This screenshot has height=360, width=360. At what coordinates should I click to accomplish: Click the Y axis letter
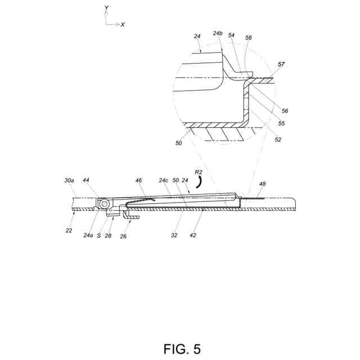point(106,9)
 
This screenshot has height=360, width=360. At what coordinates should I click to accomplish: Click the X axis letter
point(123,25)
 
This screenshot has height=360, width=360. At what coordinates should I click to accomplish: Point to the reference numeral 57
point(282,65)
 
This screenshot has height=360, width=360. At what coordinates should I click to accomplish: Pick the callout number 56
point(285,111)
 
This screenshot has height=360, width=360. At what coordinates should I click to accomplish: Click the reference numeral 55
point(282,123)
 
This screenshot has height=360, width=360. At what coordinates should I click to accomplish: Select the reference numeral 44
point(86,180)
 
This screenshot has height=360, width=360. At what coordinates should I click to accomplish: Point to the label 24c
point(163,180)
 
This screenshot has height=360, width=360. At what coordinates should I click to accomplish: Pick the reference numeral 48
point(263,184)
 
